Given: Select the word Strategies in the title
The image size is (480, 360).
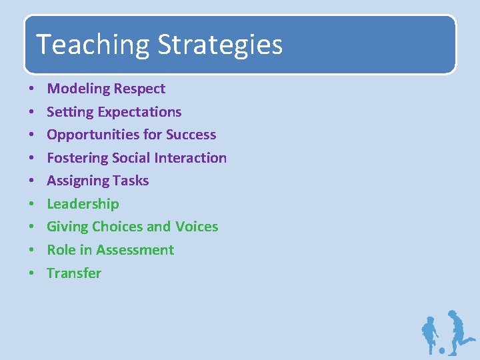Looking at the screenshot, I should [x=220, y=45].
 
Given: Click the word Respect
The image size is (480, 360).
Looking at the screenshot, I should [x=139, y=89].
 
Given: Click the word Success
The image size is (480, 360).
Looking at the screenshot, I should [x=191, y=135].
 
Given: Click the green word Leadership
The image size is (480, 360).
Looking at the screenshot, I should [x=83, y=204].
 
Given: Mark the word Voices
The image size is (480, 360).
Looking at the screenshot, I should [x=197, y=227].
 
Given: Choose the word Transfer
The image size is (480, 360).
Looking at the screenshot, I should [x=74, y=273].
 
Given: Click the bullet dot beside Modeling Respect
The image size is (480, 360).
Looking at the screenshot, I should [x=31, y=89].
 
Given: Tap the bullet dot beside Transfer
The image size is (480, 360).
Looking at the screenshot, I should [x=31, y=274].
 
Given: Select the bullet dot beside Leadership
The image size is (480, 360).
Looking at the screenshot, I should [x=31, y=205].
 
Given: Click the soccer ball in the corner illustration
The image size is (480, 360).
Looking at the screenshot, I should [x=441, y=350].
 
